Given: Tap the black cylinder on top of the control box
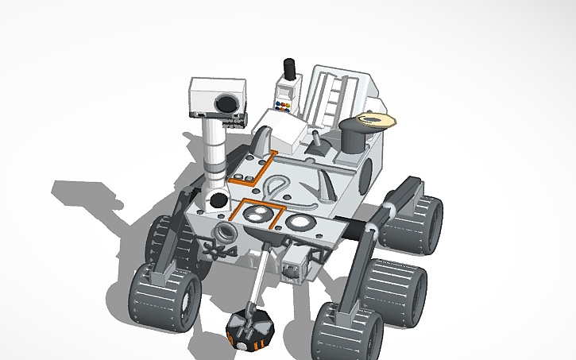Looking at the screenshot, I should click(290, 70).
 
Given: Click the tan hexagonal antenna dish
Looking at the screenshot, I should click(376, 120).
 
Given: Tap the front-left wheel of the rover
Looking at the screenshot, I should click(164, 294).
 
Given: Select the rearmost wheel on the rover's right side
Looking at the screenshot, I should click(414, 224).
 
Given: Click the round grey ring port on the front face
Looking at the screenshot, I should click(226, 233).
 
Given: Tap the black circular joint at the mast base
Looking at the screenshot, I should click(215, 200).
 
